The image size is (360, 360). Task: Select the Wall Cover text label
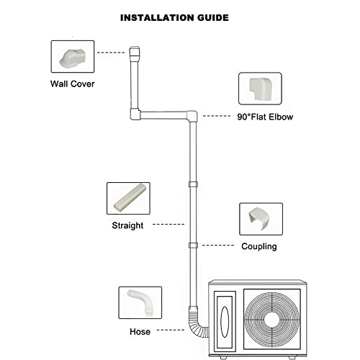pos(72,83)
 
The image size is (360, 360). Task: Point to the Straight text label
pos(127,225)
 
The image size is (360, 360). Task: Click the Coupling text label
pos(259,246)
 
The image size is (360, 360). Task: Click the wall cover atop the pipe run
pos(135,53)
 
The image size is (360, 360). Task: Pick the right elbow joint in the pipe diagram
pos(192,114)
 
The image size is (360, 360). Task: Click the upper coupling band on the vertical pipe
pos(192,185)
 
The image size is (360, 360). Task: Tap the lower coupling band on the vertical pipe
pos(192,246)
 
